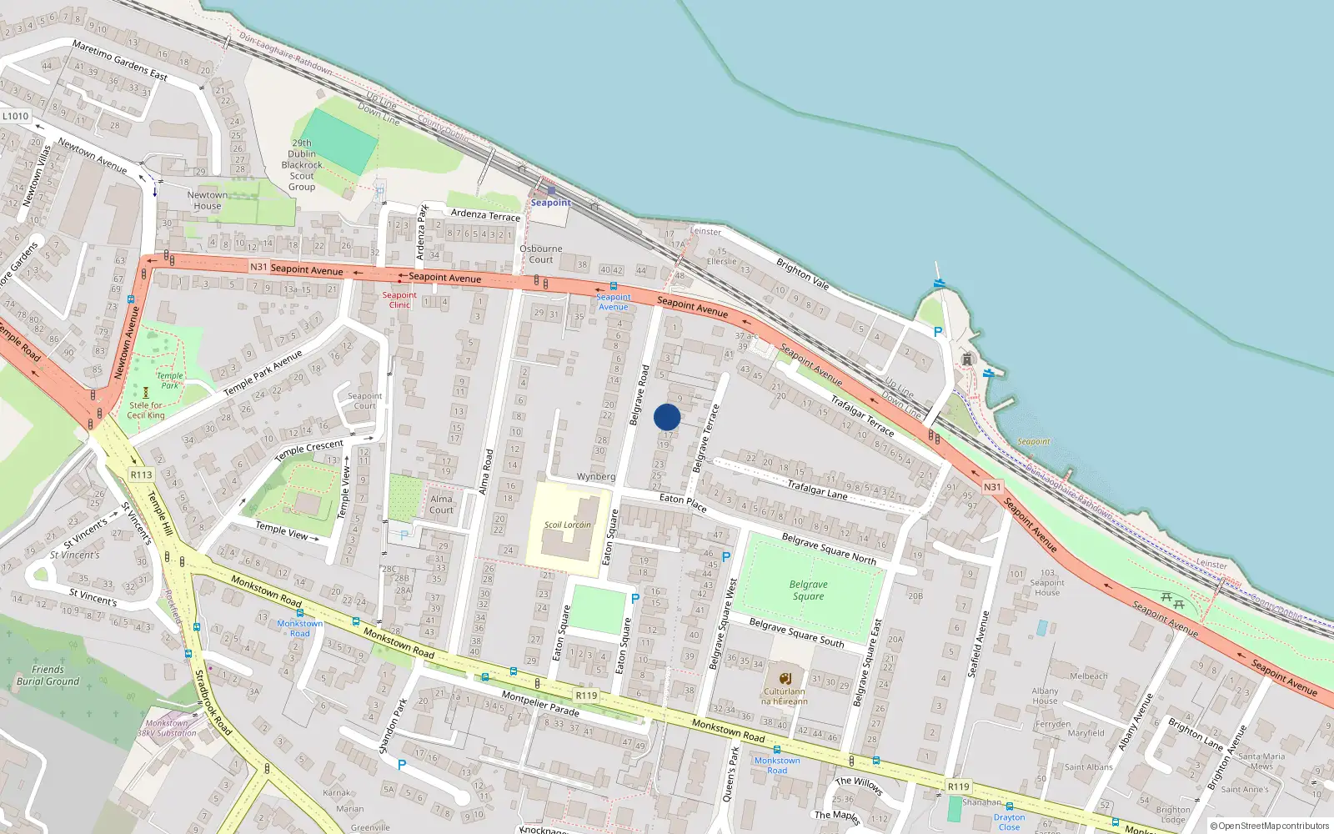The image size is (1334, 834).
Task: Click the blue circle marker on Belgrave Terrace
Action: [667, 417]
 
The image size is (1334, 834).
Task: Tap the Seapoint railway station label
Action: [551, 202]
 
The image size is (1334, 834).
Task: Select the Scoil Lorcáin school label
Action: [568, 525]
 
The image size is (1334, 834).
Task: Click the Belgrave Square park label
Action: [808, 590]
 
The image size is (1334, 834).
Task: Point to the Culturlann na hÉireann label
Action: [784, 696]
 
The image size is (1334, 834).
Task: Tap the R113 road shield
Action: [141, 475]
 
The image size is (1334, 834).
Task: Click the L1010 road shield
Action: [15, 116]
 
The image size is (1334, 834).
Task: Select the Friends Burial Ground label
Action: [48, 675]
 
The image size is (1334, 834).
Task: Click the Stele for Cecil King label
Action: [146, 410]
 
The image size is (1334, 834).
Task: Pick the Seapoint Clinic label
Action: [399, 299]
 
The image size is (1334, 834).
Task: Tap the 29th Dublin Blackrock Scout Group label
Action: [302, 165]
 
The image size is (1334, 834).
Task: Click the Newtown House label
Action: [208, 200]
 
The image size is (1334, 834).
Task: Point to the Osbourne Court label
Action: [541, 254]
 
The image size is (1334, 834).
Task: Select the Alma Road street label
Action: [486, 472]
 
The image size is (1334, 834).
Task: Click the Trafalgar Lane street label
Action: [817, 490]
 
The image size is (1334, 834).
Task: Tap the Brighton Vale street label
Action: [802, 274]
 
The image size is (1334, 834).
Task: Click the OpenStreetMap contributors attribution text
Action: [1270, 826]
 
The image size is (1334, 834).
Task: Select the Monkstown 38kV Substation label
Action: [167, 728]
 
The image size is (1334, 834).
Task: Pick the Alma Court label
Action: [441, 505]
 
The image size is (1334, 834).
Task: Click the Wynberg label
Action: [596, 477]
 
